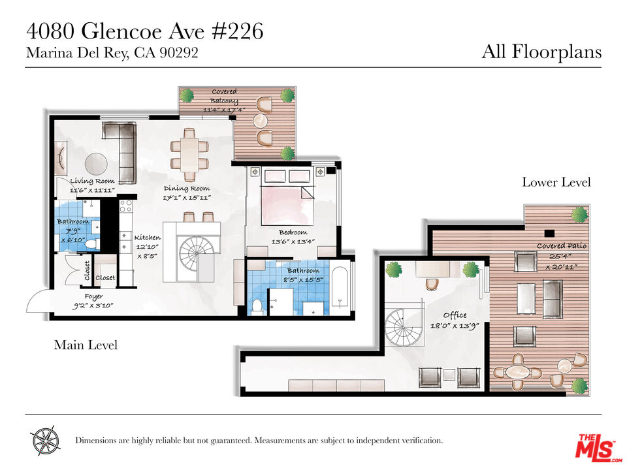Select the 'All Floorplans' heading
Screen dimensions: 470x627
541,52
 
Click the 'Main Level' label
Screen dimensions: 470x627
86,345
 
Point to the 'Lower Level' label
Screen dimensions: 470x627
556,182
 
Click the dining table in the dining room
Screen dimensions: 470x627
189,154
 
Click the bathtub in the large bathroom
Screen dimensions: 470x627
340,288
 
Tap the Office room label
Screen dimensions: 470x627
455,315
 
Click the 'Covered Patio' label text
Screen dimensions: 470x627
562,246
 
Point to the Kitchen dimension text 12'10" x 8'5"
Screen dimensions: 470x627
147,251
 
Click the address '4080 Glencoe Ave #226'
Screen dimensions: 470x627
144,31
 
